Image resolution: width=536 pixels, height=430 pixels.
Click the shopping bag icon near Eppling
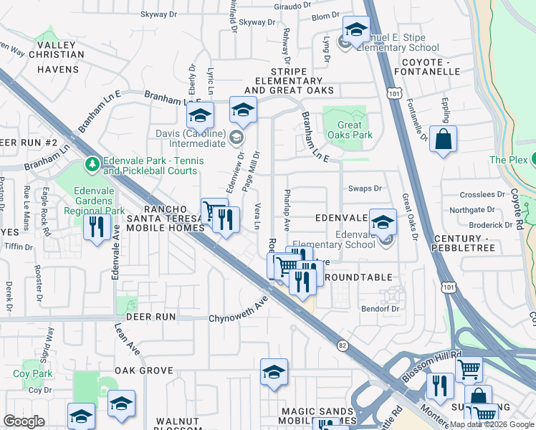[x=444, y=140]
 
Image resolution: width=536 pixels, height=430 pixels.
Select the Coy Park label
[x=33, y=373]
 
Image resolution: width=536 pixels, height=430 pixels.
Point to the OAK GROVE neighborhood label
[x=144, y=371]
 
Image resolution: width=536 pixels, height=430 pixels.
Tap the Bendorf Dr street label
[x=380, y=308]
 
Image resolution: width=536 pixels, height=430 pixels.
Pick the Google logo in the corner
[x=24, y=421]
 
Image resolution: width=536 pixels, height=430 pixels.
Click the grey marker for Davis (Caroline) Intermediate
[x=236, y=136]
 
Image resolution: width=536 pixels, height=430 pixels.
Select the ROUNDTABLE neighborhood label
[x=358, y=277]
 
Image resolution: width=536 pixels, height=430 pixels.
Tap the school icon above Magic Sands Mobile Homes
[x=274, y=373]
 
